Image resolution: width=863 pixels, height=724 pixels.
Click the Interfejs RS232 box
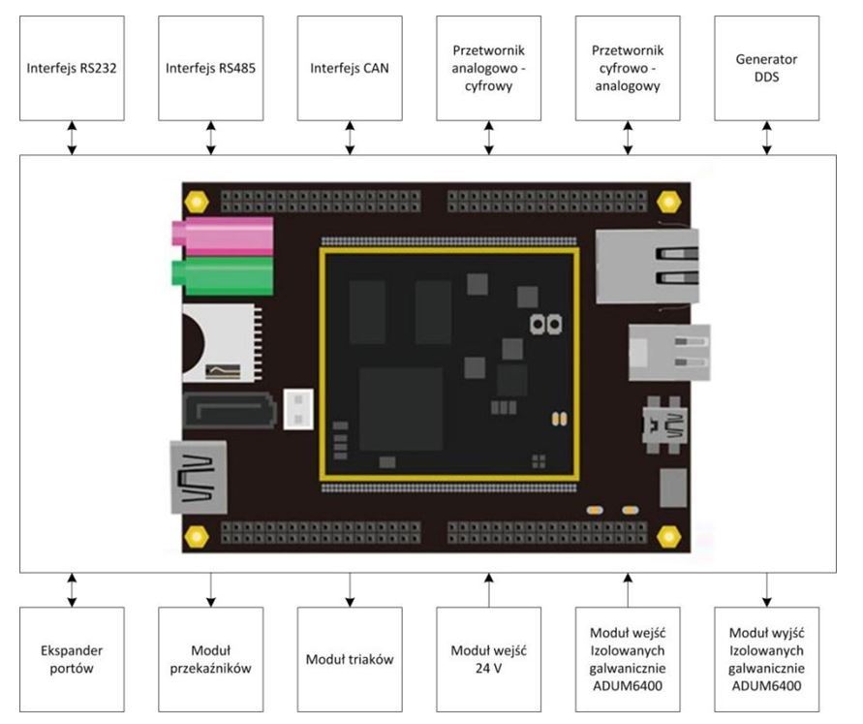coord(73,68)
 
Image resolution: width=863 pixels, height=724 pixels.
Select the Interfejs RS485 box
coord(211,68)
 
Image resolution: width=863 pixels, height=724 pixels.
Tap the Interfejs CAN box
coord(350,68)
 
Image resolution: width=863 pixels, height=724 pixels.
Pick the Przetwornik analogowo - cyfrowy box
coord(489,68)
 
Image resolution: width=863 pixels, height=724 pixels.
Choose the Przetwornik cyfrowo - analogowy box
coord(628,68)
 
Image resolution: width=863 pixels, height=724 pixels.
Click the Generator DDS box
coord(767,68)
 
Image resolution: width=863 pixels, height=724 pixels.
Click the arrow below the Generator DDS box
coord(767,138)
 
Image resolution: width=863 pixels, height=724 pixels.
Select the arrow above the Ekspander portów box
coord(73,589)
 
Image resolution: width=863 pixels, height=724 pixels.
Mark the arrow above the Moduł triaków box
coord(350,589)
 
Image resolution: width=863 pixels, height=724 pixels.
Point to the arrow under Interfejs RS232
coord(73,138)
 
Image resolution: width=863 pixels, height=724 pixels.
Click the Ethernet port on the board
coord(646,267)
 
